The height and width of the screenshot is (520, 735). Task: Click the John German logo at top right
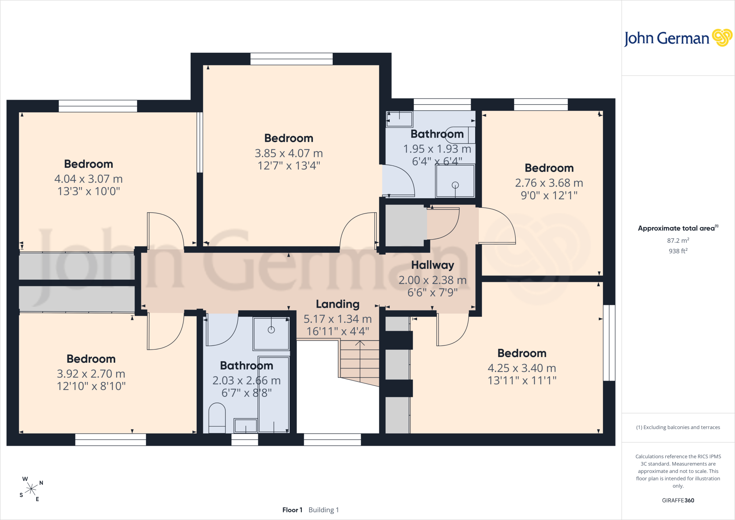(678, 38)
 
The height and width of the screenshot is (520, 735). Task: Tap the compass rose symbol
(31, 489)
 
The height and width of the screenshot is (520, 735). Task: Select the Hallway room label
(432, 265)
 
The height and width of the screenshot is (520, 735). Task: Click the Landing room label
(337, 304)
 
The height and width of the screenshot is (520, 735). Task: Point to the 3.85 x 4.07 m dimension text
(289, 153)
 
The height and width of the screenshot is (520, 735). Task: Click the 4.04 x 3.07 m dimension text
(89, 179)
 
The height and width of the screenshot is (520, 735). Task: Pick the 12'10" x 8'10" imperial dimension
(91, 386)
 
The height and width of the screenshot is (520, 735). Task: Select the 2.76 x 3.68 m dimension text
(549, 183)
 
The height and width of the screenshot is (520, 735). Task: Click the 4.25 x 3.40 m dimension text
(522, 368)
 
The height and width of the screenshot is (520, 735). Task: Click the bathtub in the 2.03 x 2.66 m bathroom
(274, 394)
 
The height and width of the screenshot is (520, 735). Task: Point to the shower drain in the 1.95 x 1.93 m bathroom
(455, 185)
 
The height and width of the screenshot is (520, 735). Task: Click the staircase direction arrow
(360, 359)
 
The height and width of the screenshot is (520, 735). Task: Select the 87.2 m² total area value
(678, 240)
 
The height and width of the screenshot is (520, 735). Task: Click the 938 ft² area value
(678, 251)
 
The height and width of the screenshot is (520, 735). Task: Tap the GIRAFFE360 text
(678, 500)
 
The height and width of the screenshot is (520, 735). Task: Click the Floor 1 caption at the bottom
(292, 510)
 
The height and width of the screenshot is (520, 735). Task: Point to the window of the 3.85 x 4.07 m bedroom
(291, 59)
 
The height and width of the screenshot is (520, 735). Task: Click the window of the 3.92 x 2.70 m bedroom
(111, 440)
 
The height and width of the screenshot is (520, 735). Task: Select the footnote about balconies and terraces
(678, 427)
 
